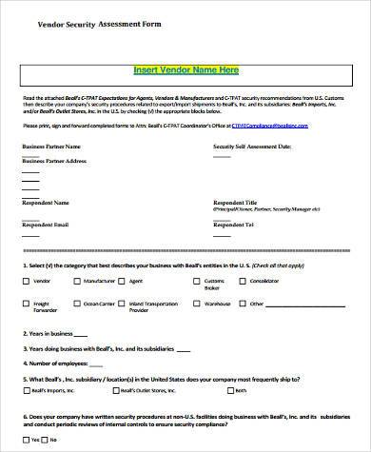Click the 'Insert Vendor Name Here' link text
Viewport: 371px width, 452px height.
pos(185,70)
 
